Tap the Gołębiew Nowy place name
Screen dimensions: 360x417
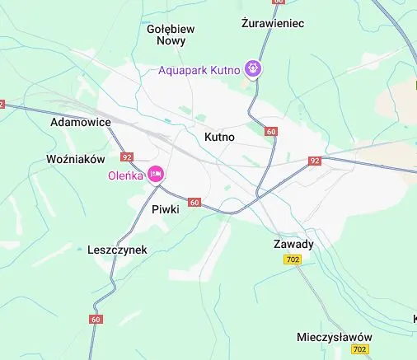(171, 34)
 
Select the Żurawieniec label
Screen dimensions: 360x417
(274, 23)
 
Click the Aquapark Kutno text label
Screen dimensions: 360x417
(199, 70)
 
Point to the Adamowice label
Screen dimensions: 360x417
(81, 122)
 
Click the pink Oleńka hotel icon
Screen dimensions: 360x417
(156, 174)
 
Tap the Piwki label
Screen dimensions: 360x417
(166, 209)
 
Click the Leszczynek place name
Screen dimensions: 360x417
(117, 249)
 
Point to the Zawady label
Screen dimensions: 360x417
(293, 245)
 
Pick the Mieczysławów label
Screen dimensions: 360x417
(334, 338)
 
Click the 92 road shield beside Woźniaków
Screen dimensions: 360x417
(126, 157)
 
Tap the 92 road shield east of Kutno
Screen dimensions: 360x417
(315, 161)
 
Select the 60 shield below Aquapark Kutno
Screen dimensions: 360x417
(272, 131)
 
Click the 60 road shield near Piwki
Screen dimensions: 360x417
(194, 202)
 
